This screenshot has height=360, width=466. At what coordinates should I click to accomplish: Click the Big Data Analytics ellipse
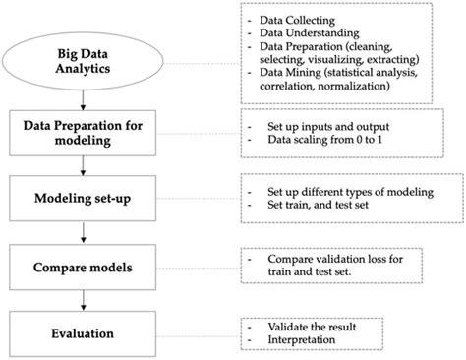point(88,67)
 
